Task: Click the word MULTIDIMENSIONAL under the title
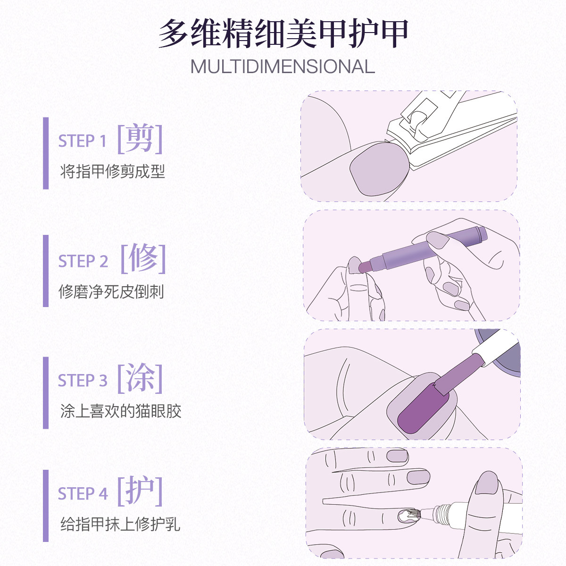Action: (283, 67)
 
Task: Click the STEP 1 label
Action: (82, 141)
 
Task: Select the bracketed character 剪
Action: (140, 139)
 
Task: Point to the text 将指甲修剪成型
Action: (112, 171)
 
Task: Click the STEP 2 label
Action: (83, 261)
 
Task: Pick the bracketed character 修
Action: (143, 258)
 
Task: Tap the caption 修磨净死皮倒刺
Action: (111, 291)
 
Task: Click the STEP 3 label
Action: (83, 380)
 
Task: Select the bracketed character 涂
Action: (140, 378)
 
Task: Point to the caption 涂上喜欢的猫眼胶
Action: (121, 411)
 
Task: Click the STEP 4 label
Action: (83, 493)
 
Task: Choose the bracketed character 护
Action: (140, 491)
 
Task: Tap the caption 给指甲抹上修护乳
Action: (120, 524)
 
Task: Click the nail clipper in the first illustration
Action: (453, 132)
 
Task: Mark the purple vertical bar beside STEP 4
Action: (46, 506)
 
